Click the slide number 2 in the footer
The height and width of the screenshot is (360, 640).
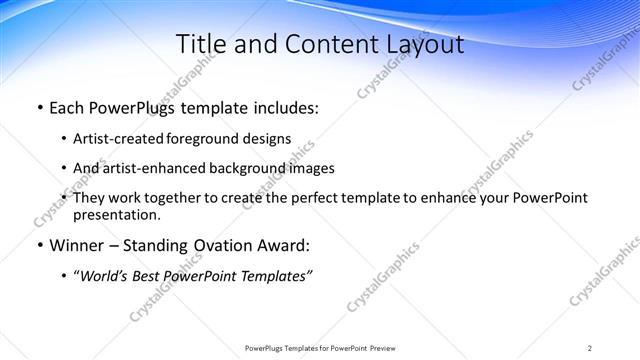[x=589, y=348]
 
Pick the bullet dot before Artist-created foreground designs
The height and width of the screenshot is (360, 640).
[x=64, y=140]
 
